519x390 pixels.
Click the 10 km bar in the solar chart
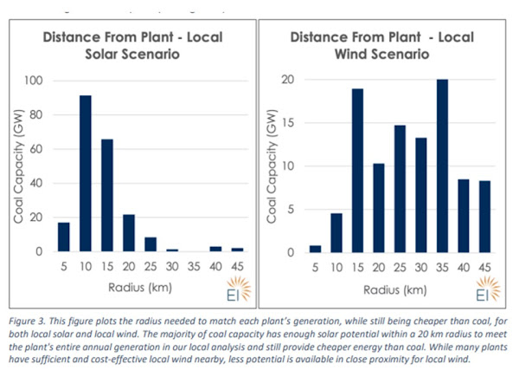pos(86,173)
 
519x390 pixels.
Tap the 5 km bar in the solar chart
pos(64,237)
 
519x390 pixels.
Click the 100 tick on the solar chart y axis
pos(31,81)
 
